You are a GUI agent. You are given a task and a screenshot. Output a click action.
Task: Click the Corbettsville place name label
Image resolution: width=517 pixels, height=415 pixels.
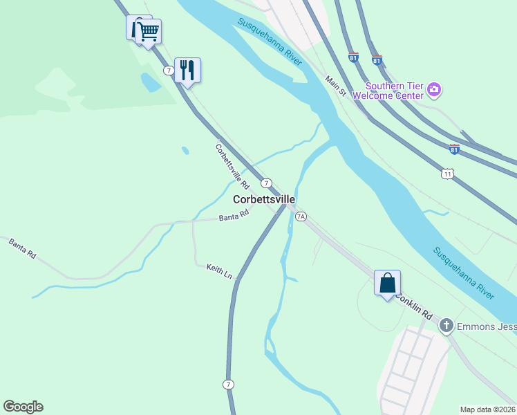click(264, 199)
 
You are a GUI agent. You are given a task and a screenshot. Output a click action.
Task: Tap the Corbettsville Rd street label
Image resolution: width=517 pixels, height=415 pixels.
click(232, 166)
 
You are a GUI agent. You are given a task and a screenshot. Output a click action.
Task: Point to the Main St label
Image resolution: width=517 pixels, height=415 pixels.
click(335, 86)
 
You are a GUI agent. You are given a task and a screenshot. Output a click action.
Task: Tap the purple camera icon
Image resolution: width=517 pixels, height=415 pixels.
click(434, 89)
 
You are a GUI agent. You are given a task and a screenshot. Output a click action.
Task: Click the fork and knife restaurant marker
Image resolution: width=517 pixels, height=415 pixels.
click(187, 69)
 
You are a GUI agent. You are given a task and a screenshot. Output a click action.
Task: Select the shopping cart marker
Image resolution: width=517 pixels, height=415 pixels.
click(148, 31)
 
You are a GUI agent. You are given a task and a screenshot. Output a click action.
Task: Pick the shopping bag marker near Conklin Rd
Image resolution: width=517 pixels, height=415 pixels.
click(387, 283)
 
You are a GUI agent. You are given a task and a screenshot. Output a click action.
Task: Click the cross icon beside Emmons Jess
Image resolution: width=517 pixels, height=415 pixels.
click(446, 325)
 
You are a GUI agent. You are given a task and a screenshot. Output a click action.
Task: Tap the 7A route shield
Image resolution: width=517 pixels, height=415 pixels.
click(301, 216)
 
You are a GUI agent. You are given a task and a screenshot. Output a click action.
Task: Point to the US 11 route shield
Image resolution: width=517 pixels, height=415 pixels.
click(447, 174)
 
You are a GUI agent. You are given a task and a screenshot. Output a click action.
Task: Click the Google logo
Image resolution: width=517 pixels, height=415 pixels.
click(23, 407)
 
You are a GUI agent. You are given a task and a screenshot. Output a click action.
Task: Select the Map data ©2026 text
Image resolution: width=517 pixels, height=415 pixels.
click(487, 409)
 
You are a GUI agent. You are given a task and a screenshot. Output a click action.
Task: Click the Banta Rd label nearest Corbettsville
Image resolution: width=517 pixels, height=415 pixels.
click(234, 217)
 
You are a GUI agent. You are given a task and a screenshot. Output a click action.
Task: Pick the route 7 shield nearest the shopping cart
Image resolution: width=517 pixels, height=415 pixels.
click(169, 71)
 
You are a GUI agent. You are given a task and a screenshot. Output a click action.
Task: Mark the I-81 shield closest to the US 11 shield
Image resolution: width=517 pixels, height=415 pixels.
click(453, 149)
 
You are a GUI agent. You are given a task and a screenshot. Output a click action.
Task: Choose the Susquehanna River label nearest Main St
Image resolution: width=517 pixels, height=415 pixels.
click(270, 41)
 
